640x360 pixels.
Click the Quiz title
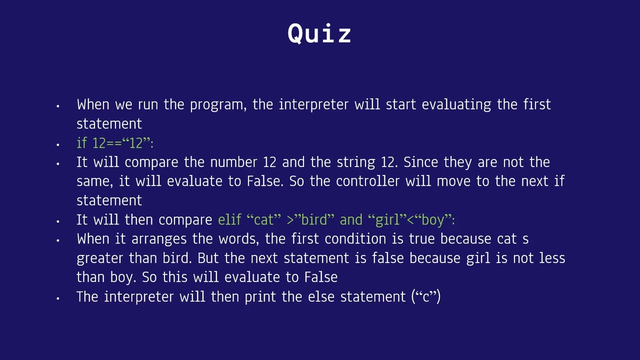(x=319, y=34)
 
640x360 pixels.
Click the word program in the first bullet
(x=217, y=105)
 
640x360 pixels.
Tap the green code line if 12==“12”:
(x=115, y=143)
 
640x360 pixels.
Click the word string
(x=356, y=162)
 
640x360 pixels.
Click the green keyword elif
(x=229, y=220)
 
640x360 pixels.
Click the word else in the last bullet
(x=320, y=297)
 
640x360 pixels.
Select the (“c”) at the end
(x=425, y=297)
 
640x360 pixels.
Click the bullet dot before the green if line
(x=58, y=144)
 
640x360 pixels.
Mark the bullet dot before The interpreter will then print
(x=58, y=298)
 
